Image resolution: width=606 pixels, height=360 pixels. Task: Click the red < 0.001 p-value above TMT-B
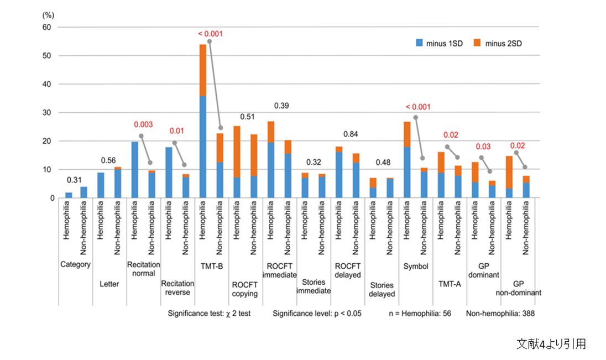[210, 34]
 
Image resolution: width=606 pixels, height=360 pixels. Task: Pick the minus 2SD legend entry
[494, 43]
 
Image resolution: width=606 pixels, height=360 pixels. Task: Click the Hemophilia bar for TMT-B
[203, 122]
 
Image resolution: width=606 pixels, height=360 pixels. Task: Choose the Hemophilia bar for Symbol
[407, 160]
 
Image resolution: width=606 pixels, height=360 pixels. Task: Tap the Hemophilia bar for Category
[69, 195]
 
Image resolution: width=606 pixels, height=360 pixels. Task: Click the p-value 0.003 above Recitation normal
[143, 126]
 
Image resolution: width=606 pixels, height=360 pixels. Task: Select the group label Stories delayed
[382, 289]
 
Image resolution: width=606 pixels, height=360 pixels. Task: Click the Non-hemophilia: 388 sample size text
[501, 314]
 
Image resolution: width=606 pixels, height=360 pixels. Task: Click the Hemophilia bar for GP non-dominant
[509, 177]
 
